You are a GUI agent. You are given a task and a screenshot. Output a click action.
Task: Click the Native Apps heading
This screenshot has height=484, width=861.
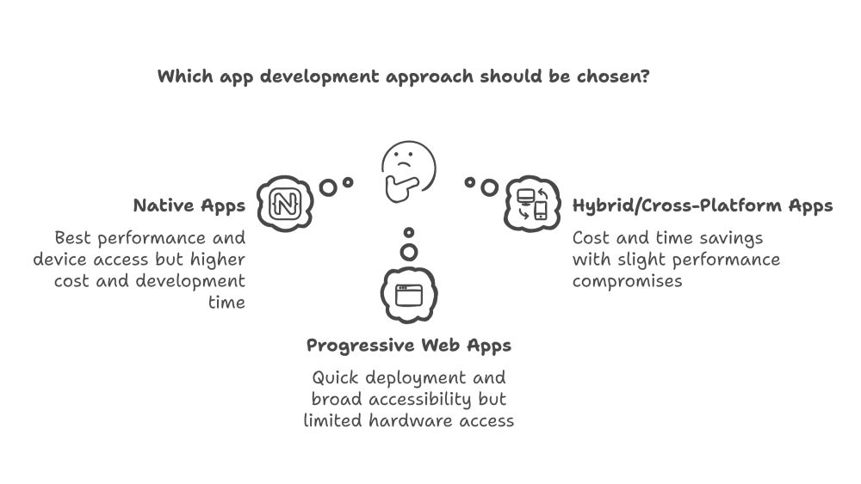(x=189, y=206)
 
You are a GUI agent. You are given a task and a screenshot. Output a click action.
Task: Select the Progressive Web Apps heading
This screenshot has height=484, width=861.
(x=409, y=346)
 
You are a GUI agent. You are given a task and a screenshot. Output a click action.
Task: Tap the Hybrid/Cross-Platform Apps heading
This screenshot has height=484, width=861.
(x=703, y=206)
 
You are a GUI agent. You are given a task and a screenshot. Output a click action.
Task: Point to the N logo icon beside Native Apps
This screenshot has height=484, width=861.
(x=283, y=204)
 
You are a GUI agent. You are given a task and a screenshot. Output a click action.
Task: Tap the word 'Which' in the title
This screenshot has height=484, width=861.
(x=180, y=76)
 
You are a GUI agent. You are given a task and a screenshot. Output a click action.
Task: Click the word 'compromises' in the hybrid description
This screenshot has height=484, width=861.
(x=627, y=281)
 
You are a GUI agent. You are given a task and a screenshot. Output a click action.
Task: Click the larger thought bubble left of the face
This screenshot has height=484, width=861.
(x=327, y=187)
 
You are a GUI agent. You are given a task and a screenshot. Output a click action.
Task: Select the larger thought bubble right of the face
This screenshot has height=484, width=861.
(x=489, y=187)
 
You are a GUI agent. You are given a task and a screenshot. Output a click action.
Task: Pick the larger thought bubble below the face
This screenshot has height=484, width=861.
(x=409, y=251)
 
